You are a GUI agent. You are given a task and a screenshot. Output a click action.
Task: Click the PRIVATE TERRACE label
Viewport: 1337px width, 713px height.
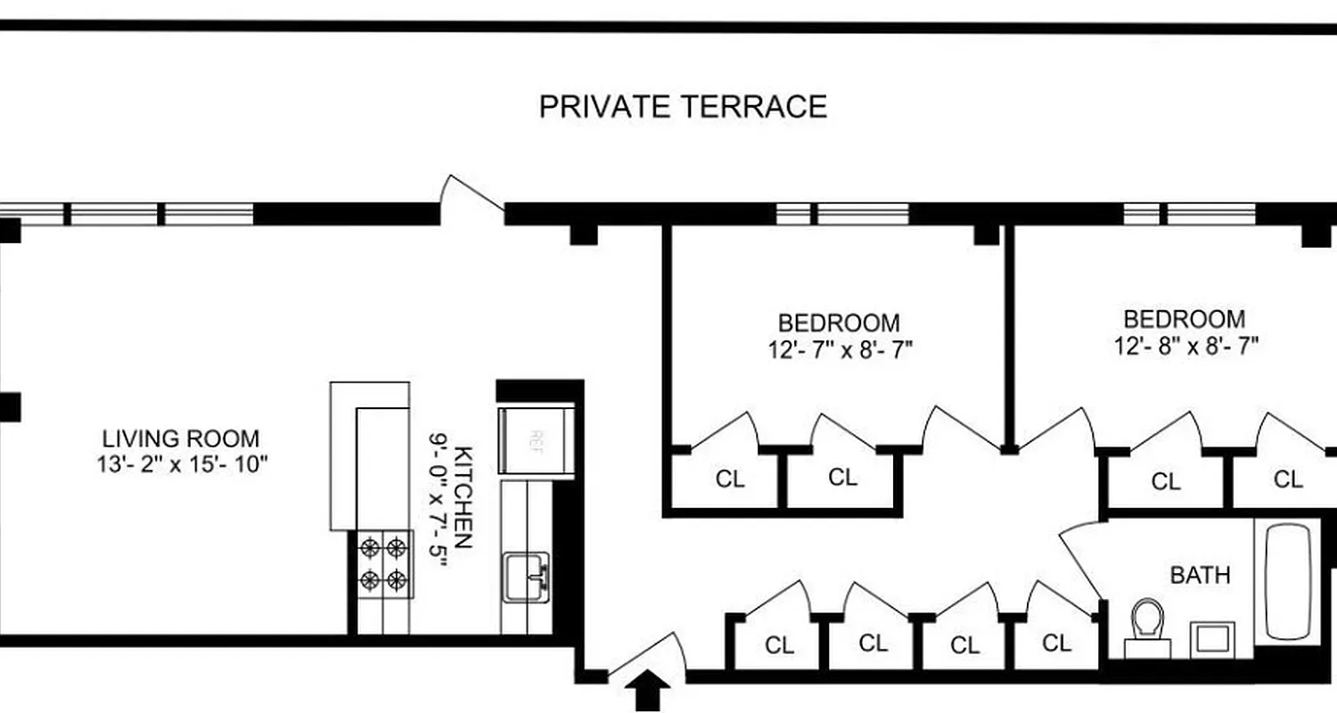point(683,107)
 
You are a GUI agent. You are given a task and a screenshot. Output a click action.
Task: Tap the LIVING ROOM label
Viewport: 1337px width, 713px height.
point(181,438)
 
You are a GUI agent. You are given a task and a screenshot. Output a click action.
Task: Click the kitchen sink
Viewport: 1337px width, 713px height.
point(526,576)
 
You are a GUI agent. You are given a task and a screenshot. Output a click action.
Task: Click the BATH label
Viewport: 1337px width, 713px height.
point(1200,575)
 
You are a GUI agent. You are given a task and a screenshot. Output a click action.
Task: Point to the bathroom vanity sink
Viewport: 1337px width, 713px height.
point(1211,639)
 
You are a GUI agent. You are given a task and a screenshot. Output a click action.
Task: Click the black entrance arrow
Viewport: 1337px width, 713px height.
point(650,692)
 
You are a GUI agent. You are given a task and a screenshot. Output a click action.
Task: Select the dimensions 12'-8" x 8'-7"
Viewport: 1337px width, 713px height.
point(1185,346)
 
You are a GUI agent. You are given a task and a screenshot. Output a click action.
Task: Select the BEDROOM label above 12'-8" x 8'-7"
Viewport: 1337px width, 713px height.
point(1184,319)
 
